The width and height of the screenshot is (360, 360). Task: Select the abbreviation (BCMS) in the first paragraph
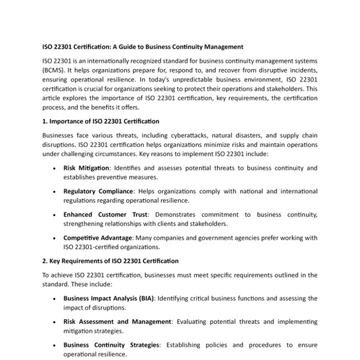55,70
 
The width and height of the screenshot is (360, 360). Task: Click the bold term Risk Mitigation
86,168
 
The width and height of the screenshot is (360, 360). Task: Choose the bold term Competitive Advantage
98,238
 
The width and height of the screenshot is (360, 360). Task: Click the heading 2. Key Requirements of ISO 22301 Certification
110,261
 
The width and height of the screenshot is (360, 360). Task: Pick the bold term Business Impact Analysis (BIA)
109,298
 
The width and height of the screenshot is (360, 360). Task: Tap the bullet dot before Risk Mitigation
55,169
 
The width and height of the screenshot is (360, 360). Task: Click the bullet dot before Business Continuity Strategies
55,346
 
